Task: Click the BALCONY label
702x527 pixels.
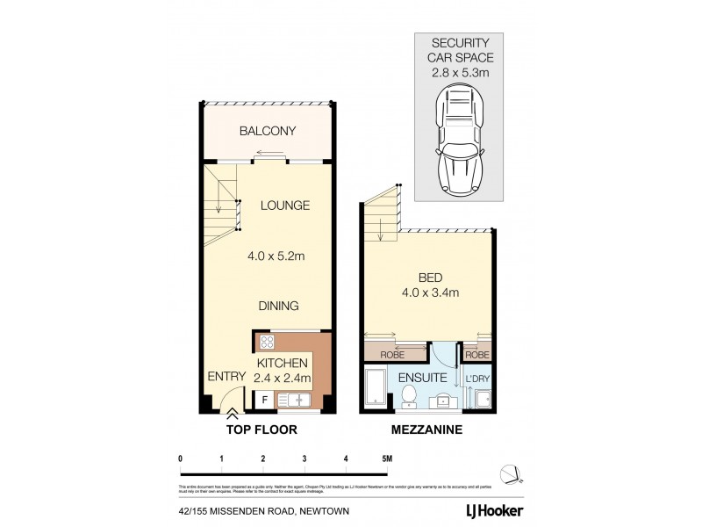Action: tap(269, 132)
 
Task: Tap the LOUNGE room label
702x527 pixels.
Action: tap(284, 206)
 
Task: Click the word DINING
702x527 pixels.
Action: tap(279, 306)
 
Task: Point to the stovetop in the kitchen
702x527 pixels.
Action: tap(267, 343)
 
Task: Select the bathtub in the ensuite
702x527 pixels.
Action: tap(376, 390)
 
